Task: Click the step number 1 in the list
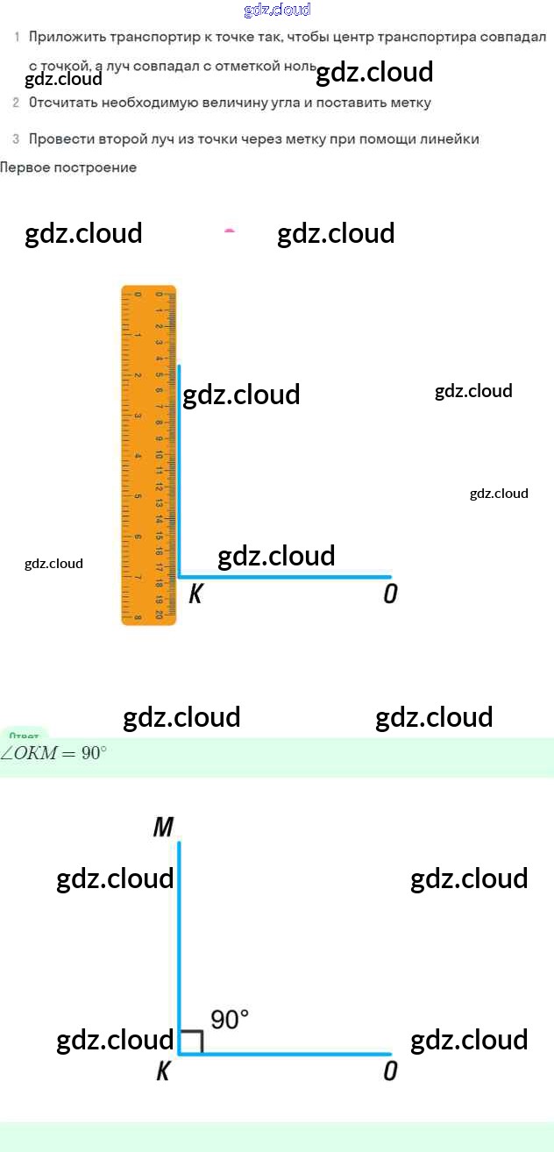pyautogui.click(x=16, y=37)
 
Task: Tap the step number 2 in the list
pyautogui.click(x=16, y=103)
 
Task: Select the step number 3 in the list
pyautogui.click(x=16, y=139)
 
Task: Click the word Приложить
pyautogui.click(x=63, y=37)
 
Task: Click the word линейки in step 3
pyautogui.click(x=451, y=139)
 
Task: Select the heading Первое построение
pyautogui.click(x=68, y=167)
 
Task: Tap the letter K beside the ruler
pyautogui.click(x=195, y=594)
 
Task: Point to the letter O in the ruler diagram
pyautogui.click(x=390, y=594)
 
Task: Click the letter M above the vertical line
pyautogui.click(x=163, y=827)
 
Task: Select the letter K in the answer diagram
pyautogui.click(x=163, y=1071)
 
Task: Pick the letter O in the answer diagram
pyautogui.click(x=390, y=1071)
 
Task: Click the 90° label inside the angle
pyautogui.click(x=230, y=1020)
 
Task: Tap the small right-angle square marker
pyautogui.click(x=192, y=1042)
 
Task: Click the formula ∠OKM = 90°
pyautogui.click(x=53, y=754)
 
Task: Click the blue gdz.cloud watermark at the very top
pyautogui.click(x=277, y=11)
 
